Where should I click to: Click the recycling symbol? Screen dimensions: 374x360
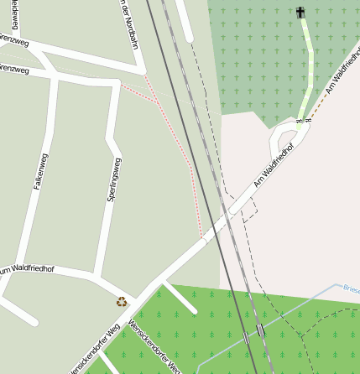click(122, 301)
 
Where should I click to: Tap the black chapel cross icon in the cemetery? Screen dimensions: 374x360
click(301, 12)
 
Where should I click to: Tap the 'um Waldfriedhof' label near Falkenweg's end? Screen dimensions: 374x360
click(26, 269)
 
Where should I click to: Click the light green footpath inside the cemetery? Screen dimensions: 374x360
click(308, 67)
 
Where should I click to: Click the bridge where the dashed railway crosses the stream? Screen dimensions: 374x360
click(260, 330)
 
